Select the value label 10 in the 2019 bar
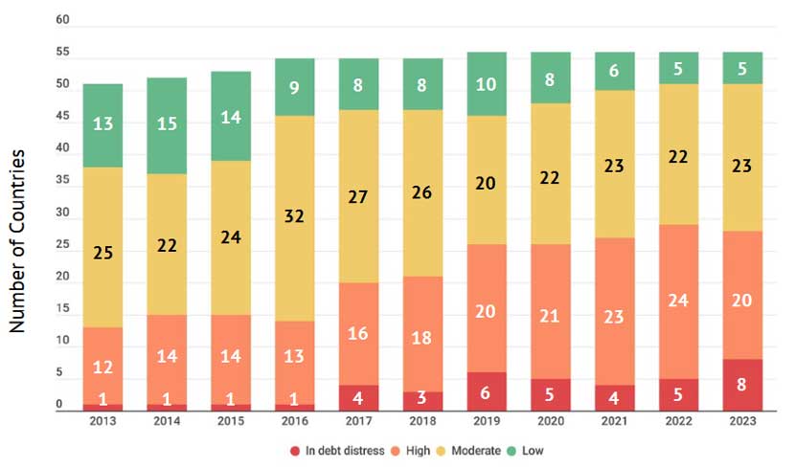pos(487,85)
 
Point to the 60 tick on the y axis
pos(62,19)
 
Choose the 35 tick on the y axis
pos(62,181)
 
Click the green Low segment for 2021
pos(614,71)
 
